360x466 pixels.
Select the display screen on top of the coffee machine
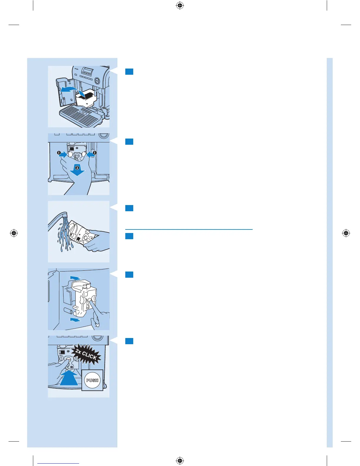tap(88, 71)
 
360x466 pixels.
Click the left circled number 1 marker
tap(59, 153)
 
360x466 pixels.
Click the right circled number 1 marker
tap(95, 153)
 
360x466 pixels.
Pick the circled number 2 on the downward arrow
tap(77, 168)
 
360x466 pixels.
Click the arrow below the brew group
tap(75, 319)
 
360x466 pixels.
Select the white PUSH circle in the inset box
tap(92, 380)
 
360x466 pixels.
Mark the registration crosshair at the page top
tap(180, 6)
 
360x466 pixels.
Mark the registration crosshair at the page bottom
tap(180, 460)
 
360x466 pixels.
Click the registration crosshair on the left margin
tap(14, 233)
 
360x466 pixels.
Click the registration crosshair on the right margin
tap(346, 233)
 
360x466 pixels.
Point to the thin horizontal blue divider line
tap(189, 229)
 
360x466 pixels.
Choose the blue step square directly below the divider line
tap(129, 236)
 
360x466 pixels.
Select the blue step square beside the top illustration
tap(129, 71)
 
